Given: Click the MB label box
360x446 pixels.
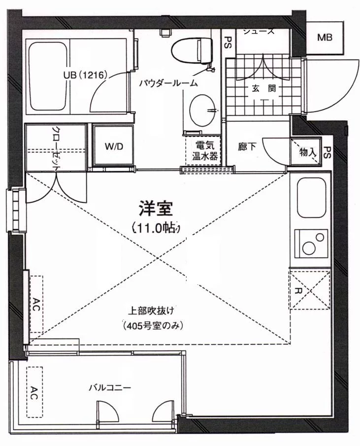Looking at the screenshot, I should tap(324, 37).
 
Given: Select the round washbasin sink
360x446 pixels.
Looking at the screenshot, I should tap(203, 110).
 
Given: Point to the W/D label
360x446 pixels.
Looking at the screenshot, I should tap(113, 147).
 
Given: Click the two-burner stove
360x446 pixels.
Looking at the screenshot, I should tap(311, 242).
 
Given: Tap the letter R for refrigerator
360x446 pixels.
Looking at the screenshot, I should tap(298, 290).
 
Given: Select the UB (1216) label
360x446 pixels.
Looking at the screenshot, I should tap(85, 75).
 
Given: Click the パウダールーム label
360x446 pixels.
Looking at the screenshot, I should tap(168, 83).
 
